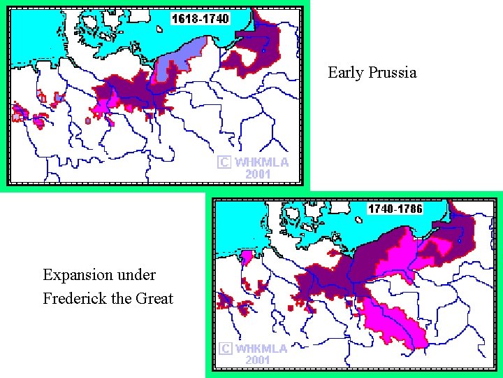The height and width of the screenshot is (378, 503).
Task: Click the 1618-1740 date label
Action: tap(201, 19)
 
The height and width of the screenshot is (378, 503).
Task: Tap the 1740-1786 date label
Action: tap(395, 209)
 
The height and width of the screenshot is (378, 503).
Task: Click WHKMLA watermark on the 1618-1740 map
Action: tap(261, 162)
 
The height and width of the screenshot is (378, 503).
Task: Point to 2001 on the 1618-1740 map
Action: tap(258, 174)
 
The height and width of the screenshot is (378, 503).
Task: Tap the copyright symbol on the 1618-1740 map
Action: tap(224, 162)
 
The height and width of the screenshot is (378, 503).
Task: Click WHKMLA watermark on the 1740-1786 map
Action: tap(261, 349)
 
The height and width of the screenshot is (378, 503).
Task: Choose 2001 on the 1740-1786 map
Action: tap(258, 360)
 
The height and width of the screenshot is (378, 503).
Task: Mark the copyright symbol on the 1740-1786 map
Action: tap(225, 349)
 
